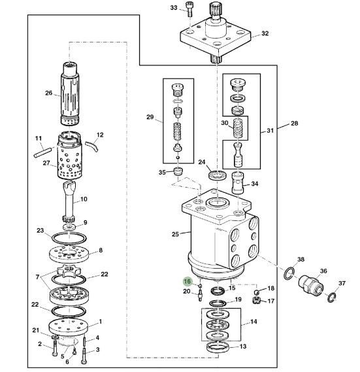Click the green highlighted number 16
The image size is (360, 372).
coord(187,281)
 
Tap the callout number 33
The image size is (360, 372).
coord(174,8)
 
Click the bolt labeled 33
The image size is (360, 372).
coord(189,9)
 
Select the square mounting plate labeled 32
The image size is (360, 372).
coord(216,38)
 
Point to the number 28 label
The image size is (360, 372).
coord(294,123)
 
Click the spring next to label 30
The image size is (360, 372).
coord(240,127)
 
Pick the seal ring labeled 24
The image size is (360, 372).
coord(218,175)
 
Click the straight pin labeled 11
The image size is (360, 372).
coord(42,152)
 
